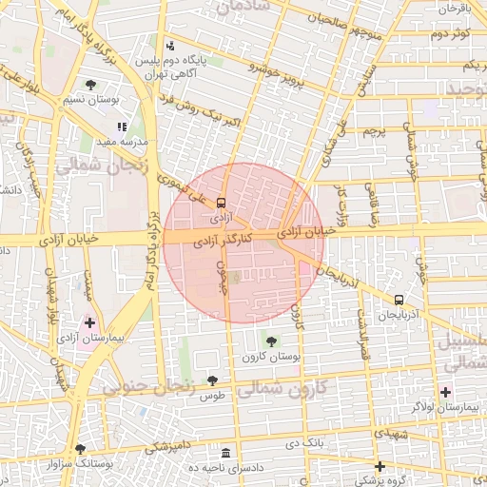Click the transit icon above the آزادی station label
221,203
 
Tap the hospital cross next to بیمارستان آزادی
90,323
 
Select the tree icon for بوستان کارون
272,341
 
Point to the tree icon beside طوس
212,381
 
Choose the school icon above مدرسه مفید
121,127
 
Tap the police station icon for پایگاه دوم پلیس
170,46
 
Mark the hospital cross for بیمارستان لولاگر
446,391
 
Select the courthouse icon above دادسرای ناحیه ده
225,454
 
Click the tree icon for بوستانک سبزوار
80,449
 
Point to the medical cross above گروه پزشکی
380,466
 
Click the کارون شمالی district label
285,387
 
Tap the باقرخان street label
455,8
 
